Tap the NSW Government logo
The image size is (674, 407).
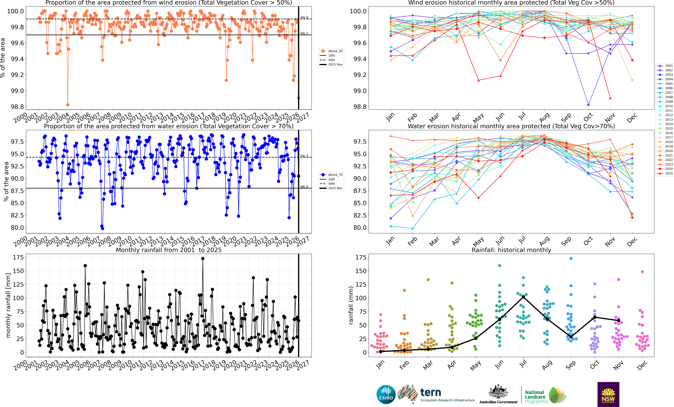coord(608,394)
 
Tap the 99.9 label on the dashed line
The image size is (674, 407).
coord(304,18)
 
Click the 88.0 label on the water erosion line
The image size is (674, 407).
coord(304,187)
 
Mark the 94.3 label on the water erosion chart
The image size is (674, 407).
coord(304,156)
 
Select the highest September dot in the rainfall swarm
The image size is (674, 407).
coord(571,258)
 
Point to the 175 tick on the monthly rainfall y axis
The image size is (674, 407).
coord(18,257)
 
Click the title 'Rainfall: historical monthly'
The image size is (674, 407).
coord(511,250)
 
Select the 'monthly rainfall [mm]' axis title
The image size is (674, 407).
coord(8,305)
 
